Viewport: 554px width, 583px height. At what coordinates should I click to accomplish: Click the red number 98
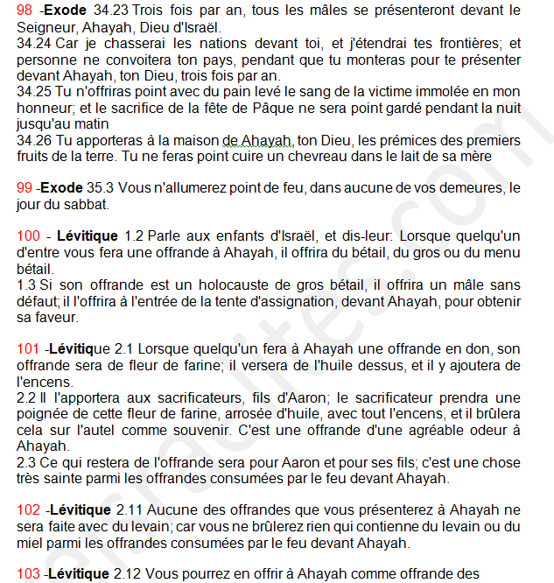[25, 11]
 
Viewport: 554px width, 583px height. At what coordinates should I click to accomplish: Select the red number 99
[25, 188]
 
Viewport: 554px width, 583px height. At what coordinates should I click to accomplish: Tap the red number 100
[29, 235]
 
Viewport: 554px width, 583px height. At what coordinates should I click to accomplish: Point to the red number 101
[29, 349]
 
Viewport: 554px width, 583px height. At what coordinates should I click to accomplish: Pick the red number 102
[29, 510]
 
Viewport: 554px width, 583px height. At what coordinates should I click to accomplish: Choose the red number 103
[29, 574]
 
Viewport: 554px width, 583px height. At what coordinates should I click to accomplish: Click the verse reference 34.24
[32, 43]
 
